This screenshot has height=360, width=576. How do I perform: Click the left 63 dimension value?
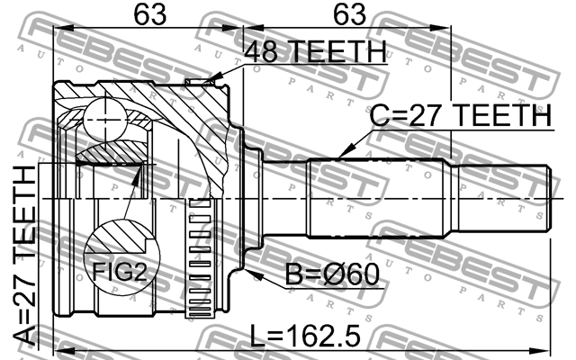point(148,15)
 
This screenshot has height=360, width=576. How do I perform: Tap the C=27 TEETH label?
point(462,115)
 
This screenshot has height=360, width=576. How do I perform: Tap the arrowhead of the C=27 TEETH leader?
point(342,154)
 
